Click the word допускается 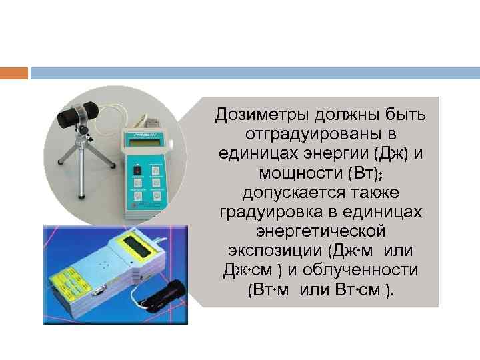[x=285, y=193]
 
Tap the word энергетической [x=321, y=232]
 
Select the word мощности [x=300, y=174]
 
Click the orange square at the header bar [x=14, y=72]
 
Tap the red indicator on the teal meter [x=136, y=170]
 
